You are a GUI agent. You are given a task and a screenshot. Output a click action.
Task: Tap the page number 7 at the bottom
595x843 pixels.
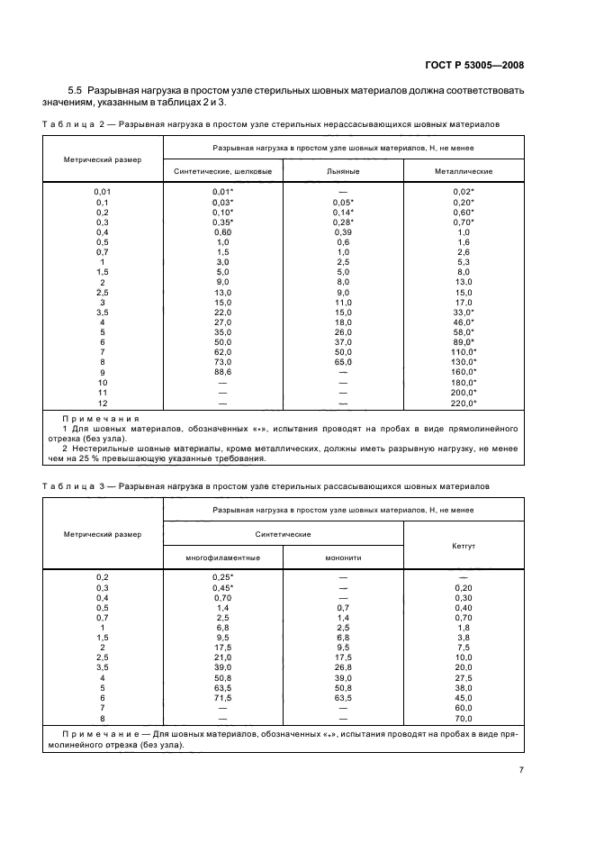pyautogui.click(x=521, y=769)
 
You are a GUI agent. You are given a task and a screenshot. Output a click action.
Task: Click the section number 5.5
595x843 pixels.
pyautogui.click(x=76, y=91)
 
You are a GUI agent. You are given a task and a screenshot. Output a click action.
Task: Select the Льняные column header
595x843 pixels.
pyautogui.click(x=344, y=170)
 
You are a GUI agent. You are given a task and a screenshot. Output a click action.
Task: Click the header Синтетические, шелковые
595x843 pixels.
pyautogui.click(x=223, y=170)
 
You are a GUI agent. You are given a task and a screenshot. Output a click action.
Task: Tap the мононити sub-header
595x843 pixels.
pyautogui.click(x=344, y=557)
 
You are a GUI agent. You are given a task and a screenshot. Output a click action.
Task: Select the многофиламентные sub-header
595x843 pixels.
pyautogui.click(x=223, y=557)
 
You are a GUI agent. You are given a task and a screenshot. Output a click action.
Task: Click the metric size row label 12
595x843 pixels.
pyautogui.click(x=102, y=403)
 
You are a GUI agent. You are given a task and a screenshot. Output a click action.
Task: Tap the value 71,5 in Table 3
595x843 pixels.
pyautogui.click(x=223, y=697)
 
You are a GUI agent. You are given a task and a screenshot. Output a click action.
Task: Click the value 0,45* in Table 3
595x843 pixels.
pyautogui.click(x=223, y=587)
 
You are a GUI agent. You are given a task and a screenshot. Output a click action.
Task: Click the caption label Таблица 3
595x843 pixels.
pyautogui.click(x=75, y=486)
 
